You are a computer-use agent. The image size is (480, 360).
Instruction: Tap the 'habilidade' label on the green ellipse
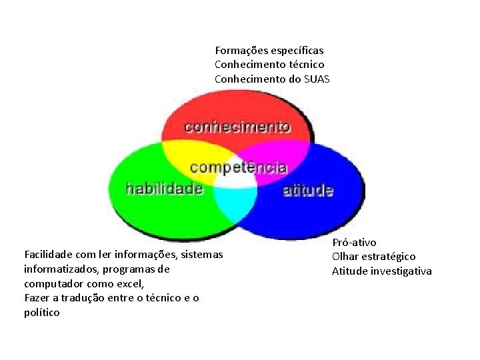[164, 189]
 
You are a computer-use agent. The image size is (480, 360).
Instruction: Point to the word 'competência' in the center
[238, 166]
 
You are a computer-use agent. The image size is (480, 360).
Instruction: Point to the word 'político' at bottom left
[41, 312]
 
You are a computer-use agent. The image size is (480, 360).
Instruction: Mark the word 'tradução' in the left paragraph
[104, 297]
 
